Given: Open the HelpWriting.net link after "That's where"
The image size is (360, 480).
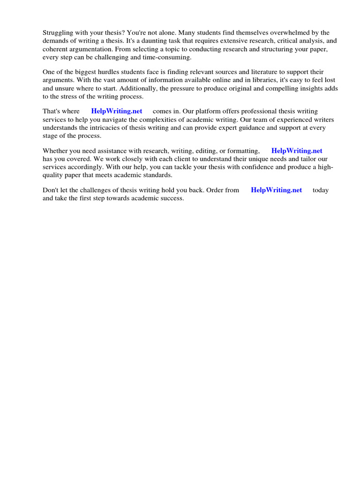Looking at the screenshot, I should coord(117,112).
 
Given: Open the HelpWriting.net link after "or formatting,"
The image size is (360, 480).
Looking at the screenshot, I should coord(297,151).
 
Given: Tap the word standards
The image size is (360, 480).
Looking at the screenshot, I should coord(157,175).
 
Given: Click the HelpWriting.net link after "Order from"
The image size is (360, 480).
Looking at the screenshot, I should coord(277,190).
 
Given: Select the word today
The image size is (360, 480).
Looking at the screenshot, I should coord(321,190).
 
